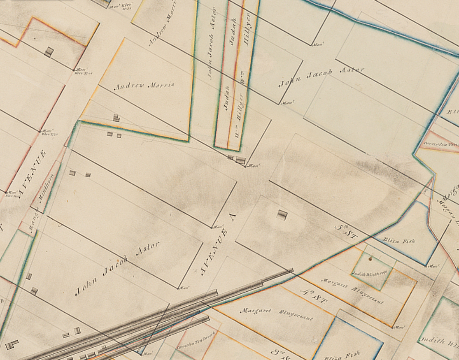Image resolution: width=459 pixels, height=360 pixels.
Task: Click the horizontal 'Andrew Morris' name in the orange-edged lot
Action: [x=144, y=86]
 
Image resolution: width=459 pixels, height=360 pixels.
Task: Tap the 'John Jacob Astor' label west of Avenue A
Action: [x=117, y=268]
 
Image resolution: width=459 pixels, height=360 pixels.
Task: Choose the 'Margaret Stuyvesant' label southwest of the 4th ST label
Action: [x=276, y=314]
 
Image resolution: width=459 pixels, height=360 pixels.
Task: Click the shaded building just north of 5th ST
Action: [x=282, y=214]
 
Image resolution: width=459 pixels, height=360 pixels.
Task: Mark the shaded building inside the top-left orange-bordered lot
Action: [x=49, y=52]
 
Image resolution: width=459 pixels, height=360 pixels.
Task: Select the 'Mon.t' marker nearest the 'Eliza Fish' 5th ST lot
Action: [x=433, y=266]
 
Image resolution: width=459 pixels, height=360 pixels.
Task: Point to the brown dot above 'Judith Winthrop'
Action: [x=370, y=259]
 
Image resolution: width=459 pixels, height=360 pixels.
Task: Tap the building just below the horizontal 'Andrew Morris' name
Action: [x=116, y=118]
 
